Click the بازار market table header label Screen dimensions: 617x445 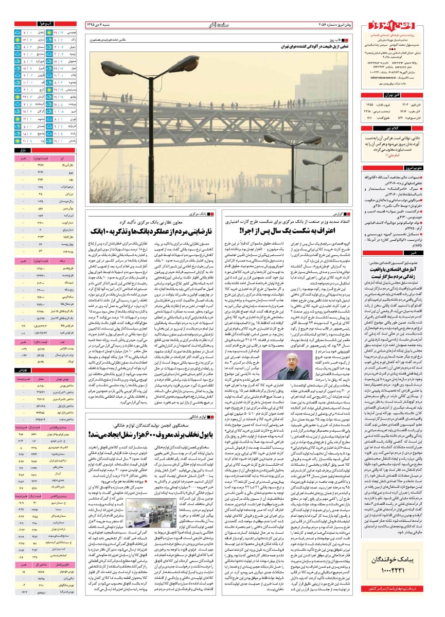(49, 150)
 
